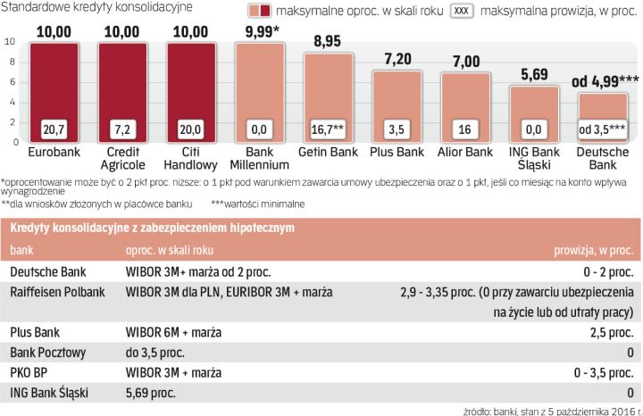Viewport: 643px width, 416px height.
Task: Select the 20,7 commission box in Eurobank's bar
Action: pos(54,129)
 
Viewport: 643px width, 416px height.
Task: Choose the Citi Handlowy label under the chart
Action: pos(192,159)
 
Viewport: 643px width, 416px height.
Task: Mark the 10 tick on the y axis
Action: pos(10,42)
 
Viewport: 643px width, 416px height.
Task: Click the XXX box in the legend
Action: pos(461,12)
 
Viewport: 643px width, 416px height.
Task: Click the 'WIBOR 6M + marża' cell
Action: pos(175,331)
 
